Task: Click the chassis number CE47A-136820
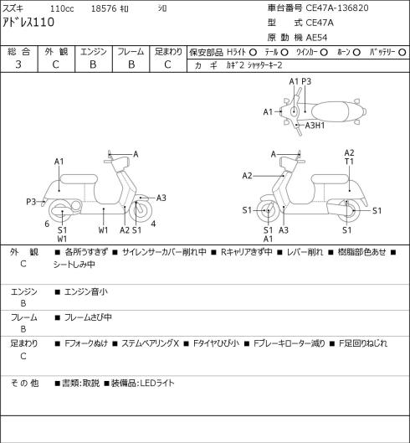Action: (x=337, y=8)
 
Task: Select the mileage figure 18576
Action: (x=104, y=8)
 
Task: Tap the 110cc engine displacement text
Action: (x=62, y=8)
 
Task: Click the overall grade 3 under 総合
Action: (x=18, y=64)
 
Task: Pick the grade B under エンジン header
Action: (x=93, y=64)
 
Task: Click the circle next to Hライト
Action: (x=253, y=52)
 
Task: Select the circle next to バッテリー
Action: (x=402, y=52)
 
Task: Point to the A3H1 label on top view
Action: (x=315, y=125)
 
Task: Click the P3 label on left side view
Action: (x=31, y=202)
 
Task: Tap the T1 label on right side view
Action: (x=349, y=162)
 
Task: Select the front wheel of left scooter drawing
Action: (x=141, y=210)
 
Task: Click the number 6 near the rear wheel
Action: (x=47, y=224)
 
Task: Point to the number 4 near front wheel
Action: (x=153, y=224)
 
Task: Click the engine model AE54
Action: (x=316, y=38)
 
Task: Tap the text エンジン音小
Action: (x=86, y=291)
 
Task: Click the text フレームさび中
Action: (x=88, y=317)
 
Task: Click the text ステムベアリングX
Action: (x=151, y=343)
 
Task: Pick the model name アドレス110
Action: (x=28, y=23)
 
